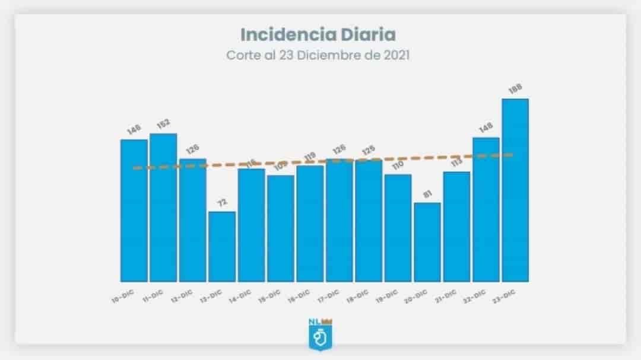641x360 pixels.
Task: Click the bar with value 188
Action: click(x=515, y=190)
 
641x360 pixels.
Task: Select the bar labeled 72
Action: click(x=222, y=246)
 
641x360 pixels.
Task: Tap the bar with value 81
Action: click(x=427, y=242)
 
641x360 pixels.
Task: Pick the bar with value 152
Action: click(x=163, y=208)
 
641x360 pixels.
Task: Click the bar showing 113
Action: click(x=456, y=227)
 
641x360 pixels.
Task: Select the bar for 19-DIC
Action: click(x=398, y=228)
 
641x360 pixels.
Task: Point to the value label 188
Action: click(x=515, y=90)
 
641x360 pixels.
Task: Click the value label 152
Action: click(x=163, y=123)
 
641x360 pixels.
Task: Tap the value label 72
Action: click(x=222, y=202)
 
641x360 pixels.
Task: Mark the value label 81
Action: click(x=427, y=193)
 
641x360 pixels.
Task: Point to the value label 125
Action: click(x=369, y=150)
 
